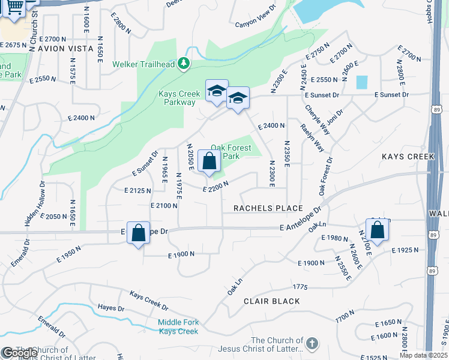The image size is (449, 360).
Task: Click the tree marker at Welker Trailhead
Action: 185,63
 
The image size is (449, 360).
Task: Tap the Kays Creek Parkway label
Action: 177,98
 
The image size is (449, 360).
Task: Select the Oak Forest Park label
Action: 231,152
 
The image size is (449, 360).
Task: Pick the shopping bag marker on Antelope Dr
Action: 138,233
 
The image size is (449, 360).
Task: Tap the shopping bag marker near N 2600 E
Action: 378,230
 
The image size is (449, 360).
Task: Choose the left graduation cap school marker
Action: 217,91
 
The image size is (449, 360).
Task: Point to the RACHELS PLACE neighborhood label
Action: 268,208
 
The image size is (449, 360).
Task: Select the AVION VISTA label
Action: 65,48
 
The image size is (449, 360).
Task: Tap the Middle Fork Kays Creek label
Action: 178,327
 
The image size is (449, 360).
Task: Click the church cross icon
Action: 310,344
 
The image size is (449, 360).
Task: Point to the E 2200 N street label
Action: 216,188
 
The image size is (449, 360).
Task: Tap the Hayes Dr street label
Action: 110,308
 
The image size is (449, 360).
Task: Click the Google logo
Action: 19,353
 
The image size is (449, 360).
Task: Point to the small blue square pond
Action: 361,82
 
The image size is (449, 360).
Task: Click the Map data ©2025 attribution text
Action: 424,355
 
